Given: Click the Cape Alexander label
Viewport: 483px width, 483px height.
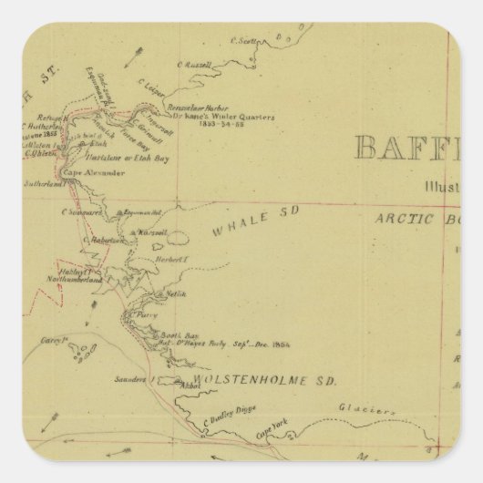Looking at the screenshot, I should click(x=95, y=172).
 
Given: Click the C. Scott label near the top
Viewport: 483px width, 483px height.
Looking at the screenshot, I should click(x=245, y=39).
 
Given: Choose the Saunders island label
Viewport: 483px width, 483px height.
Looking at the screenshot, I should click(x=129, y=379).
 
